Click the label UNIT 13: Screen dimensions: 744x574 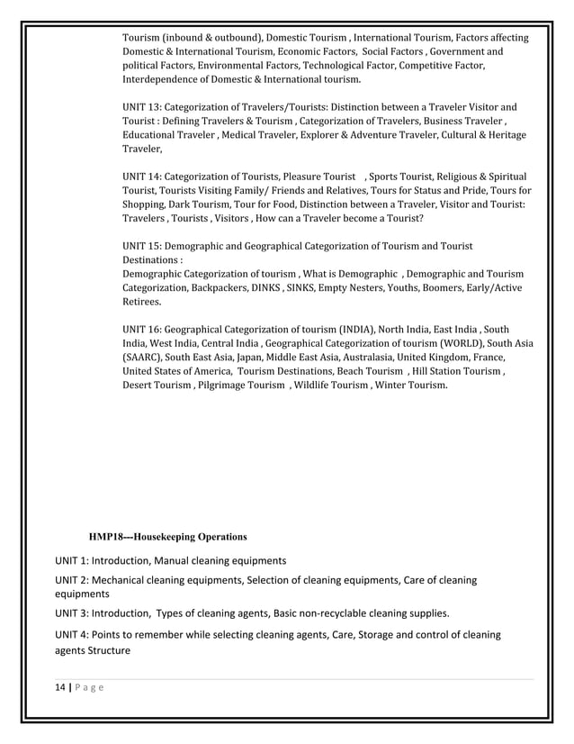pos(142,105)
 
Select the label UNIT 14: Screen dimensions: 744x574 pos(142,176)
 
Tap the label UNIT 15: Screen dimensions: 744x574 pos(142,246)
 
